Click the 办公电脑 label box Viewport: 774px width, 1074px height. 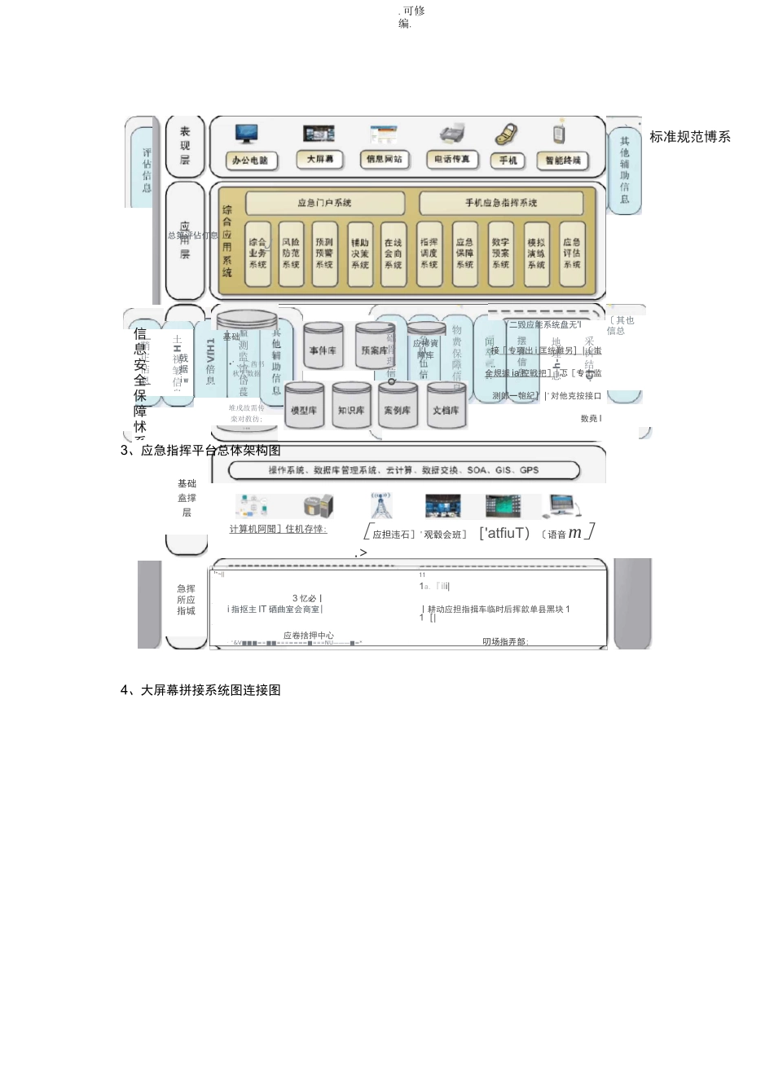click(250, 161)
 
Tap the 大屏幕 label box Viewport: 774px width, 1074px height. click(320, 160)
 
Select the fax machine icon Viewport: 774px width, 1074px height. click(451, 134)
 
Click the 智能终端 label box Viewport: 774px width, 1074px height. click(563, 161)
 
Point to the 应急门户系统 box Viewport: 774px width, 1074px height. click(325, 203)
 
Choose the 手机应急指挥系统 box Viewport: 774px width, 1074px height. click(501, 203)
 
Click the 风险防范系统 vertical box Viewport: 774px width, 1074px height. click(291, 253)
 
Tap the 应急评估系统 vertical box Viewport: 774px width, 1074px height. click(572, 253)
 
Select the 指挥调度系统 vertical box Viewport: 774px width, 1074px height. click(429, 253)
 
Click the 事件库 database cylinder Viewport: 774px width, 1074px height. click(323, 350)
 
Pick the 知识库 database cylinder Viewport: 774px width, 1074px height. click(351, 410)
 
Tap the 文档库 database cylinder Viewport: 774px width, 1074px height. click(446, 410)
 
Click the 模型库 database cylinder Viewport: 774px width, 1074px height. click(304, 410)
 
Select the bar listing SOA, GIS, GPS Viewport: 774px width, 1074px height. click(403, 470)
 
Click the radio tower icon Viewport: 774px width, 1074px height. click(381, 505)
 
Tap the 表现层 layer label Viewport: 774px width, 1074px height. click(185, 145)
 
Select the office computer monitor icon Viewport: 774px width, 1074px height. click(246, 134)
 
